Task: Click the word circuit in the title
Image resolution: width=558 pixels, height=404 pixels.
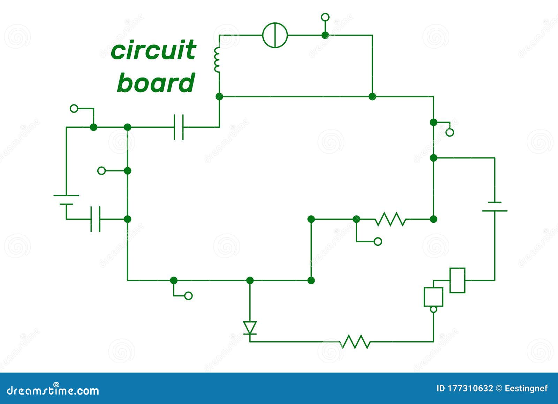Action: [153, 50]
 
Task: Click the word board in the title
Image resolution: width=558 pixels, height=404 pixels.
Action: [156, 83]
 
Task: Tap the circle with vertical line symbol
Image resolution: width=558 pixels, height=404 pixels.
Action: [275, 35]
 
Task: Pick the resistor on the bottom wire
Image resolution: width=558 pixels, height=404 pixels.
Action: [355, 341]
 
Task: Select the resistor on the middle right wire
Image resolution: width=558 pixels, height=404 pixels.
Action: [390, 219]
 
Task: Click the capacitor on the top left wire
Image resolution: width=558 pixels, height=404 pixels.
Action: [179, 127]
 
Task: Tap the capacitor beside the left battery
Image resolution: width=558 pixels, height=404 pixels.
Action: [95, 219]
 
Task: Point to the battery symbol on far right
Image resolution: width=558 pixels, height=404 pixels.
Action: [495, 206]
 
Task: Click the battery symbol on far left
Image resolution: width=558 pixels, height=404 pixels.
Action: [66, 199]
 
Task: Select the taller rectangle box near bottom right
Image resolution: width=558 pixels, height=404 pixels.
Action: [457, 280]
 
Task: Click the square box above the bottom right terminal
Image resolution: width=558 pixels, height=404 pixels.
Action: [433, 297]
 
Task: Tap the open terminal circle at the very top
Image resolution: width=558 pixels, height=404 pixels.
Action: [325, 17]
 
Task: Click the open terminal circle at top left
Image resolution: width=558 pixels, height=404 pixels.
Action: [74, 109]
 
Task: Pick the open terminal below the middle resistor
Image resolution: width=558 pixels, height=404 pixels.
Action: [378, 241]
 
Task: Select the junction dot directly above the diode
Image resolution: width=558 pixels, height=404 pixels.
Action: [250, 280]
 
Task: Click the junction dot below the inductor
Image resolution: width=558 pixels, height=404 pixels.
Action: [219, 96]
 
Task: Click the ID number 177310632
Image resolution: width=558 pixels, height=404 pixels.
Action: [470, 388]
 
